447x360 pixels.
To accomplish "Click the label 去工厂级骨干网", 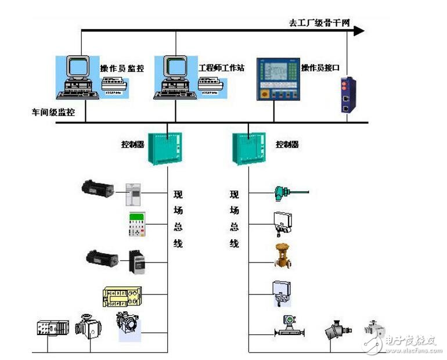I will point(320,23).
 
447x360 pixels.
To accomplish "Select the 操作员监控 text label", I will point(122,69).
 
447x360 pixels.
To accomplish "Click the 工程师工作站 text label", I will point(221,68).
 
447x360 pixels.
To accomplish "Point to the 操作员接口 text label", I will point(320,68).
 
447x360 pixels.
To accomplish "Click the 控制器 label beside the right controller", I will point(287,144).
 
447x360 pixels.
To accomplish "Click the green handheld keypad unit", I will point(136,225).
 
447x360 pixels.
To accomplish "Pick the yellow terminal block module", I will point(121,297).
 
